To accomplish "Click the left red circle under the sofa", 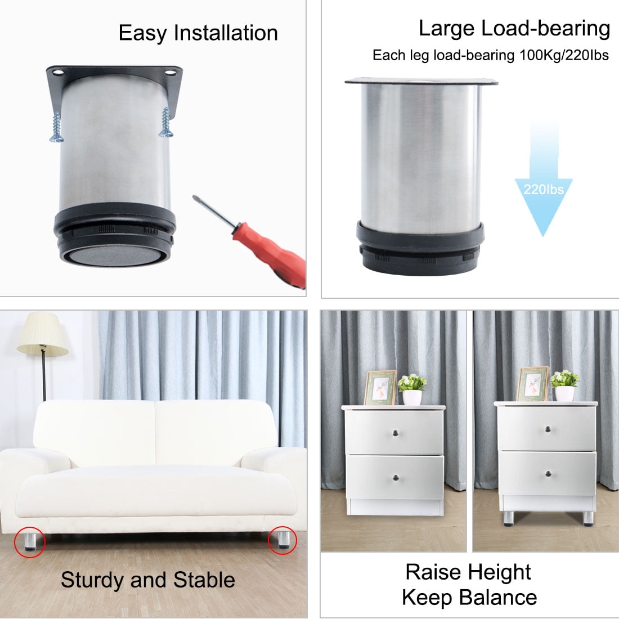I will click(29, 542).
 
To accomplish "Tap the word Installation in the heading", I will click(226, 33).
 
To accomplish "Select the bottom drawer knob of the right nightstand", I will click(548, 474).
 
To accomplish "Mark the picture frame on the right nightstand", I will click(533, 384).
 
